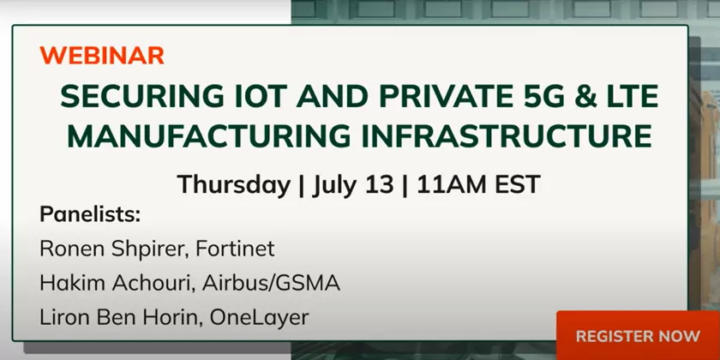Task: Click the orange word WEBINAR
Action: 102,56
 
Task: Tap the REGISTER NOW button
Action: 638,335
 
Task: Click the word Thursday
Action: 234,185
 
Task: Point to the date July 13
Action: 352,185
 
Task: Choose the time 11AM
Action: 452,185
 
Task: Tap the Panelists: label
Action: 90,214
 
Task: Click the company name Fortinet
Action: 235,249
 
